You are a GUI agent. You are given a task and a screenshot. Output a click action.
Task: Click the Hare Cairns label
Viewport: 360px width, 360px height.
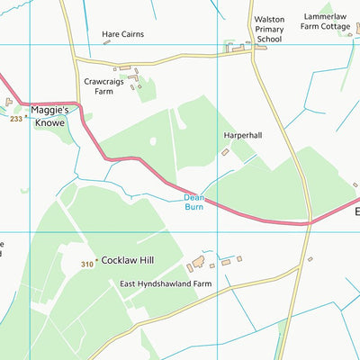(122, 35)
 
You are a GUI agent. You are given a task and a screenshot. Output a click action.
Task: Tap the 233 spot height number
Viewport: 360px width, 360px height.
(14, 118)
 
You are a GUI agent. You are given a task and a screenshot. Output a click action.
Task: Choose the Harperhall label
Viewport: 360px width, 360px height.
(242, 136)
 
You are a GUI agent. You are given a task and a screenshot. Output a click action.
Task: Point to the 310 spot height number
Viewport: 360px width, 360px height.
(86, 264)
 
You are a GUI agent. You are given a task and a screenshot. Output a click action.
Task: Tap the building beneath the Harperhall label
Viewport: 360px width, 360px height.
(225, 152)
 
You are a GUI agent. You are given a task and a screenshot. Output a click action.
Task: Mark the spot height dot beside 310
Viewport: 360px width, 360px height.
(97, 260)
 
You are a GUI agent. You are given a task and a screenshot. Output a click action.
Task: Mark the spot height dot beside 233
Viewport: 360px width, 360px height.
(26, 116)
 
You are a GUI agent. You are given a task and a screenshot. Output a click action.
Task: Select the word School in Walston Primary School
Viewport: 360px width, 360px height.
(269, 40)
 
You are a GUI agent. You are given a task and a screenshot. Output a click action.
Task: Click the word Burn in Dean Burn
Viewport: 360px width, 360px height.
(194, 207)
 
